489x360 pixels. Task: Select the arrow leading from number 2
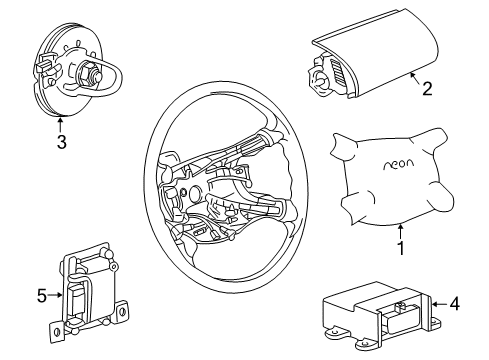[414, 81]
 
